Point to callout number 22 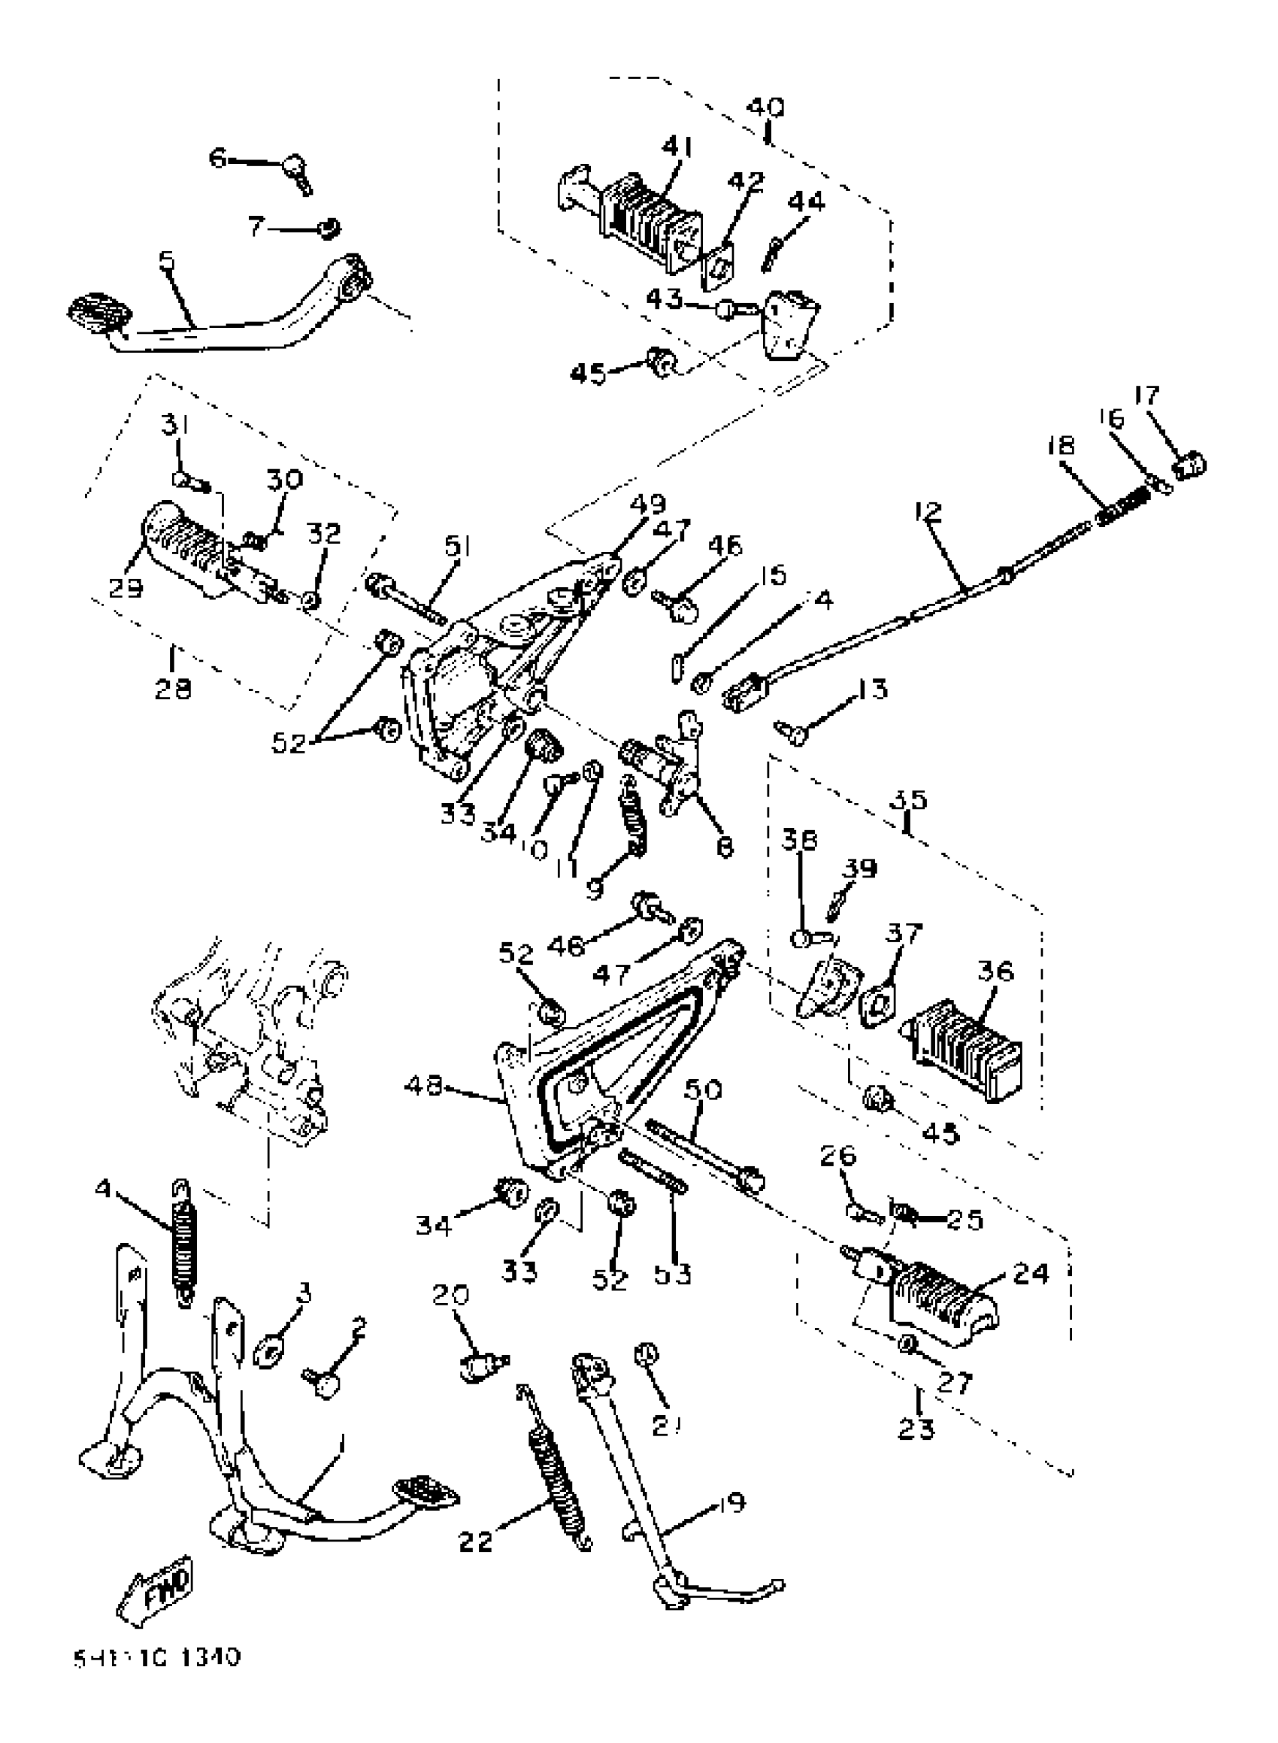coord(475,1540)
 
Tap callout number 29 coord(126,588)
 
